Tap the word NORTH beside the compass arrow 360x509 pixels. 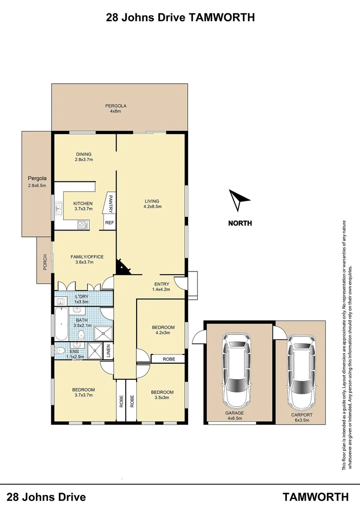(x=240, y=223)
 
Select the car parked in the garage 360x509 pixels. (x=240, y=370)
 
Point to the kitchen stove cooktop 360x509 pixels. (x=82, y=224)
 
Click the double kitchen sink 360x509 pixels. (x=59, y=208)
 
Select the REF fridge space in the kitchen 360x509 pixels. (x=109, y=223)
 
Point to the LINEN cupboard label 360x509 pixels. (x=108, y=351)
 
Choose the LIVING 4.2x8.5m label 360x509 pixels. (x=153, y=204)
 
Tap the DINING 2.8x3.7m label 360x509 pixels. (x=84, y=157)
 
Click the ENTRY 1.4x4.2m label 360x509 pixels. (x=162, y=287)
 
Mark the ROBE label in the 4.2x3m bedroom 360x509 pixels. (x=168, y=359)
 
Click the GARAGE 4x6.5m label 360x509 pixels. (x=234, y=416)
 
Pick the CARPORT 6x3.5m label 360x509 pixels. (x=301, y=418)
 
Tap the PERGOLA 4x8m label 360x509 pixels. (x=116, y=108)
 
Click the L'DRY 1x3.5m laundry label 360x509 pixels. (x=82, y=299)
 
